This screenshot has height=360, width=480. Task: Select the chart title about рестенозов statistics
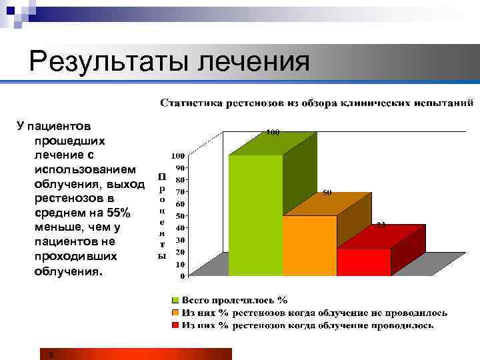tap(317, 103)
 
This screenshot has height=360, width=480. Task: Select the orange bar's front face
tap(309, 245)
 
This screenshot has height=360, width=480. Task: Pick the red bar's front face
tap(363, 261)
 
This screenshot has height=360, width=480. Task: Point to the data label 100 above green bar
tap(273, 133)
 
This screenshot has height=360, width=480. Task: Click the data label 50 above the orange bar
tap(327, 193)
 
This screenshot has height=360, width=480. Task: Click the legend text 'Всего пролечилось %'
tap(235, 301)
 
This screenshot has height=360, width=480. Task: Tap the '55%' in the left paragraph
tap(120, 213)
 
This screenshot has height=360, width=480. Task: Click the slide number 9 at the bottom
tap(51, 355)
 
